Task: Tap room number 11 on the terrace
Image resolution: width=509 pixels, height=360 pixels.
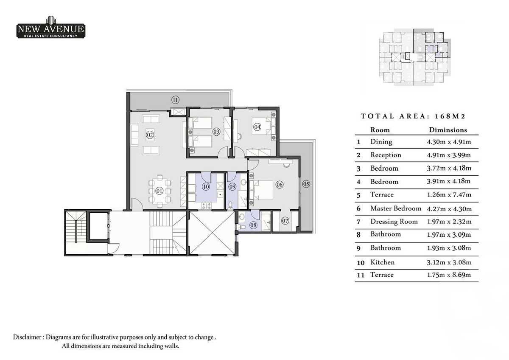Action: [175, 100]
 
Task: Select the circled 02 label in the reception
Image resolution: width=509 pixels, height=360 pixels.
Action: [150, 135]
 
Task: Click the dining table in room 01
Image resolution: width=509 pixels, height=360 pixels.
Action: [160, 191]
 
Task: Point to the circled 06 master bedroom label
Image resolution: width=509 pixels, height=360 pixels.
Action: [279, 185]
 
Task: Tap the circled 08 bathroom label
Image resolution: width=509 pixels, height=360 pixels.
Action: [254, 225]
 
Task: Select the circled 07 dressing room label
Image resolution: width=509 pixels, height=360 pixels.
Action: [285, 221]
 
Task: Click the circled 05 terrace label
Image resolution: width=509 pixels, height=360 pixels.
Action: [306, 184]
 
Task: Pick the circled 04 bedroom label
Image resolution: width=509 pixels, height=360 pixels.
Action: [257, 127]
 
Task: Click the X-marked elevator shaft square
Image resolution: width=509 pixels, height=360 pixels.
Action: [212, 233]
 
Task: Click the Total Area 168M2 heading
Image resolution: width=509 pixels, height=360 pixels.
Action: [414, 116]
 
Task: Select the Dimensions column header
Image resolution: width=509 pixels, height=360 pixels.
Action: [448, 130]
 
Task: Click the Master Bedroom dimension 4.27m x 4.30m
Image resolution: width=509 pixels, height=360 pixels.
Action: [449, 208]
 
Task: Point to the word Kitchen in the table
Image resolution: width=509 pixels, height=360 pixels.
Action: [382, 262]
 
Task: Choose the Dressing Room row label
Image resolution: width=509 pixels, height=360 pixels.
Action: [394, 222]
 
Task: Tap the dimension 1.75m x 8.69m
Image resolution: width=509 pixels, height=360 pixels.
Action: [449, 275]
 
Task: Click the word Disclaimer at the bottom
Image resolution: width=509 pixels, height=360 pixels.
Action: [28, 337]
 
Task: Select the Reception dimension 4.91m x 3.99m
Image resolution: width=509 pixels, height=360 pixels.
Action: [449, 155]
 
